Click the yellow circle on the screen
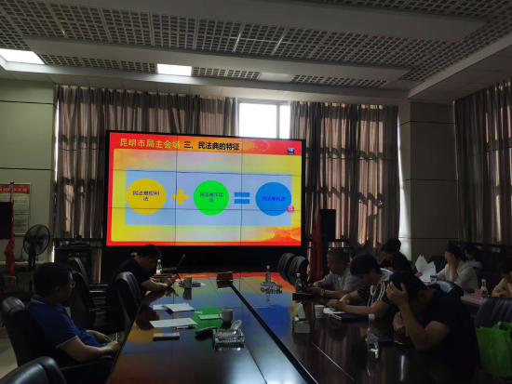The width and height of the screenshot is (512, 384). (145, 196)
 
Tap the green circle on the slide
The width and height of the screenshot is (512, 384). (210, 197)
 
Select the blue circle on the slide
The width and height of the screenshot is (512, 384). (273, 198)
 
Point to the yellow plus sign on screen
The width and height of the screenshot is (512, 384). (179, 197)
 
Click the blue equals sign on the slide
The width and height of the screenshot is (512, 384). (241, 197)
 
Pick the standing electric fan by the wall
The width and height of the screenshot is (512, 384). (35, 244)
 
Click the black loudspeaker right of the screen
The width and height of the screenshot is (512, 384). (328, 224)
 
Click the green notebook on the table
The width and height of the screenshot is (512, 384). (209, 314)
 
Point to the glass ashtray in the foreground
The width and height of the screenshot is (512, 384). (227, 336)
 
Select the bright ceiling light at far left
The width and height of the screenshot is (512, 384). (20, 57)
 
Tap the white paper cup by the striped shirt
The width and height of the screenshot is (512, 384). (319, 310)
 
